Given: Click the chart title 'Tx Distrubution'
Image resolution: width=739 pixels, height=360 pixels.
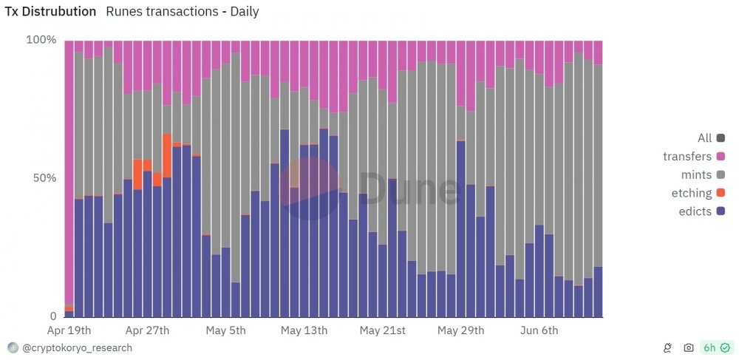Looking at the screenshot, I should (50, 12).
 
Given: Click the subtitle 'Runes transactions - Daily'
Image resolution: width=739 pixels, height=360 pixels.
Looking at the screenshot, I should (183, 12).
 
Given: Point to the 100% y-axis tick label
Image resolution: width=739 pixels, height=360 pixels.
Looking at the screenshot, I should (41, 40).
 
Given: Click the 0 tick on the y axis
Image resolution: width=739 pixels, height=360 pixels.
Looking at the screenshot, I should (53, 316).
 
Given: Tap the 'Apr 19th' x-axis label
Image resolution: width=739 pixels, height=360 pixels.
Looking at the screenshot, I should (69, 330).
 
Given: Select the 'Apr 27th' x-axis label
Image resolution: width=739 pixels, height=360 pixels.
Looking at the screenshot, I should (147, 330).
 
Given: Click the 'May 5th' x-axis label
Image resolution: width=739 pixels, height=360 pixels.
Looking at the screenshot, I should (225, 330).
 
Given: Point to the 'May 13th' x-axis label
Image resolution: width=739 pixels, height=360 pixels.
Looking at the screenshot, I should (304, 330).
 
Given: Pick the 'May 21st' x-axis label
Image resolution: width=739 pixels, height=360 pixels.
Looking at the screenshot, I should (382, 330).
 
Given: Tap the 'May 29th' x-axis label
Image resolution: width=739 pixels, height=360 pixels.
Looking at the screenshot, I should (460, 330).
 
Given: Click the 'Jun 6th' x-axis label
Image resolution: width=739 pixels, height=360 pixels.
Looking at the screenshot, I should (539, 330).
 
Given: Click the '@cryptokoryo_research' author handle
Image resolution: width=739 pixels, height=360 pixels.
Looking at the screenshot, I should (77, 348).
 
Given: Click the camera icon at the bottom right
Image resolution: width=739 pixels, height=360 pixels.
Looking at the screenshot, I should (689, 348).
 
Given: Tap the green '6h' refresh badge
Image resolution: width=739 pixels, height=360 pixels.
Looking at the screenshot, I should (715, 348).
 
